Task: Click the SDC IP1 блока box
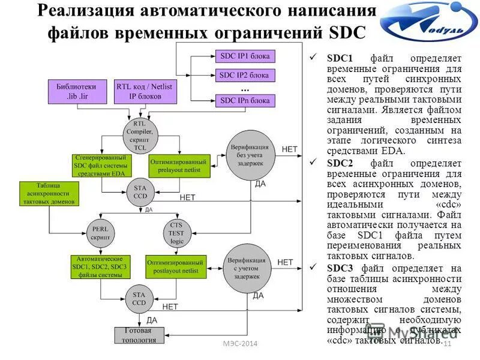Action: pos(245,56)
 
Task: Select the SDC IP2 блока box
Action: pos(245,76)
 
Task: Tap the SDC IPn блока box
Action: pos(245,100)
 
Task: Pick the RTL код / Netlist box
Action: pos(144,91)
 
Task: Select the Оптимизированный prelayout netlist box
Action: pos(178,166)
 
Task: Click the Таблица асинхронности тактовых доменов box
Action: pos(49,193)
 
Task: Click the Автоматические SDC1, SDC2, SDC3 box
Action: pos(100,266)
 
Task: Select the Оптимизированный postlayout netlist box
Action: pos(176,266)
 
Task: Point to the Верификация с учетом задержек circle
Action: pos(247,268)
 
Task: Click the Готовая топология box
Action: pos(139,335)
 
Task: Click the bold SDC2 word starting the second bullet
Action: pos(341,163)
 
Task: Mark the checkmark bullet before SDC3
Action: pos(313,268)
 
